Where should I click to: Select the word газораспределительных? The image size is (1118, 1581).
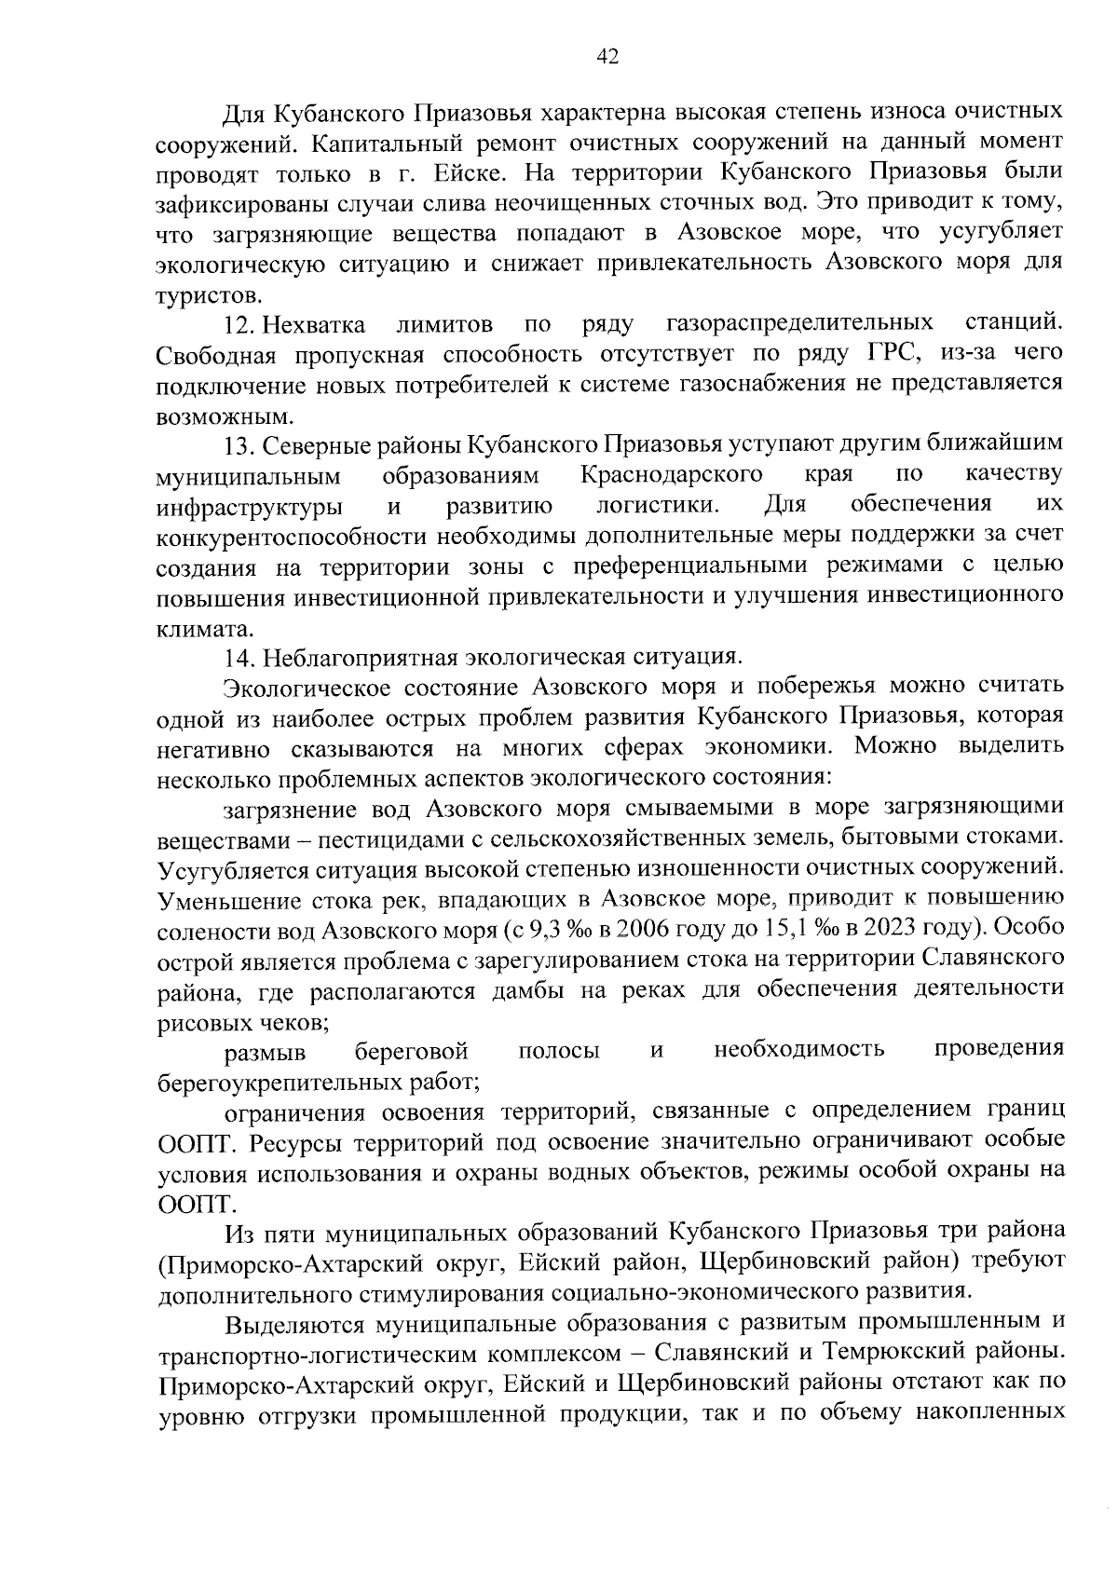[800, 324]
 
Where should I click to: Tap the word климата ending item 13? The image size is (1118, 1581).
[193, 627]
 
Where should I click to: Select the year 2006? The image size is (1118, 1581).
[643, 930]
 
